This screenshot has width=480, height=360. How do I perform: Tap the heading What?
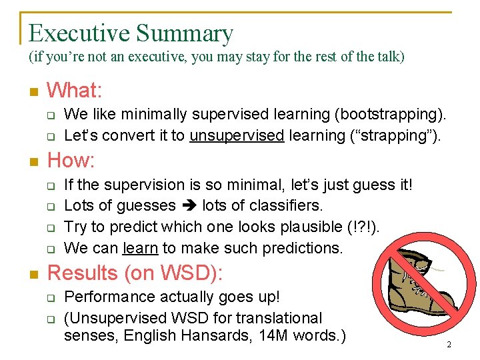(74, 89)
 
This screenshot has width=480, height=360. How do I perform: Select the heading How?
(71, 160)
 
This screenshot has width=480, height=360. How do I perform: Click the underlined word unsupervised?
(237, 135)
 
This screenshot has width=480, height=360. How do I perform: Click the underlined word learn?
(140, 248)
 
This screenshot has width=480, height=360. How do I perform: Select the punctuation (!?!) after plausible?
(365, 227)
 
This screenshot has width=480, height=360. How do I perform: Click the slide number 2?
(449, 345)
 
